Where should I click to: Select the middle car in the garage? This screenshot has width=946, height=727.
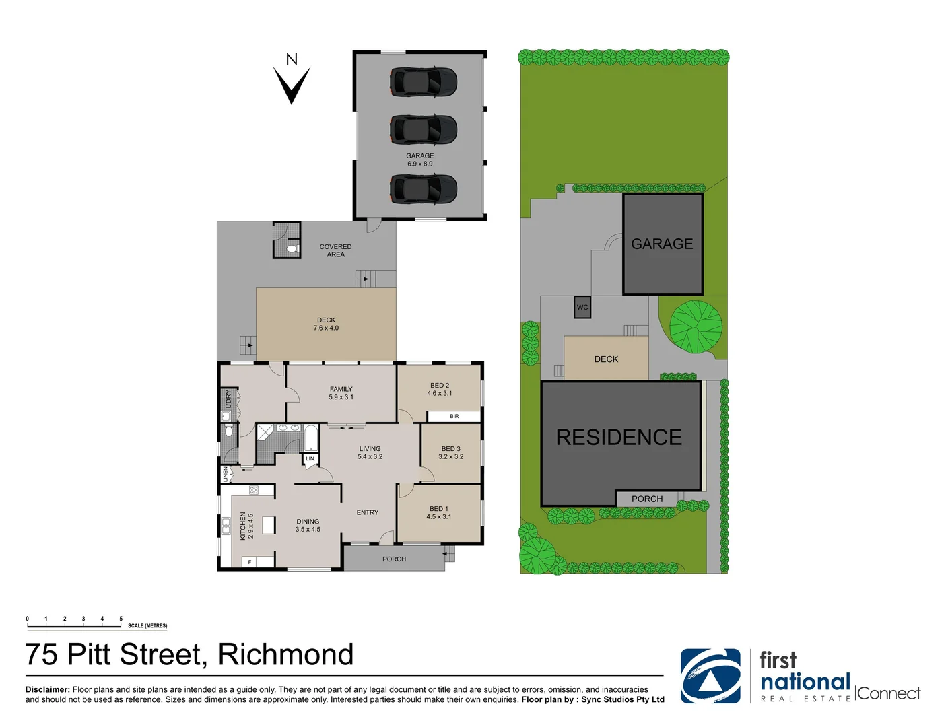click(424, 130)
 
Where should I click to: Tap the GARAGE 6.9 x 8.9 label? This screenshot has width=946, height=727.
click(419, 160)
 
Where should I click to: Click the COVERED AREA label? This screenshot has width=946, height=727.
click(335, 250)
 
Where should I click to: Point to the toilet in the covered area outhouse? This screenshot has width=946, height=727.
click(292, 249)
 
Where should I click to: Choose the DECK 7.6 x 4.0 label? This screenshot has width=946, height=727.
click(326, 324)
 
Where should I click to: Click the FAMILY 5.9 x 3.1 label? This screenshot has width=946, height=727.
click(341, 393)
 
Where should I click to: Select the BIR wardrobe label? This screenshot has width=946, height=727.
click(454, 417)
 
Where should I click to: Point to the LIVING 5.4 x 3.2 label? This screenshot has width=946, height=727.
click(370, 452)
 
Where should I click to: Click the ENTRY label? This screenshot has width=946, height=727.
click(367, 513)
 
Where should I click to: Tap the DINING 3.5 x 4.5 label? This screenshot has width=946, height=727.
click(308, 526)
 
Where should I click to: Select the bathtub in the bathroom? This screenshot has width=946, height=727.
click(311, 438)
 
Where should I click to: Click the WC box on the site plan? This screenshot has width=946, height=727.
click(582, 308)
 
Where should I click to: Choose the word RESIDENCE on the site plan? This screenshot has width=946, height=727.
click(619, 438)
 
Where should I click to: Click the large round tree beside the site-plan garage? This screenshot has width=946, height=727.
click(696, 326)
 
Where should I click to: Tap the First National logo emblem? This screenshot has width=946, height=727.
click(710, 676)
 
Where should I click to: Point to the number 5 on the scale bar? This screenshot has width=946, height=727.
click(121, 619)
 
